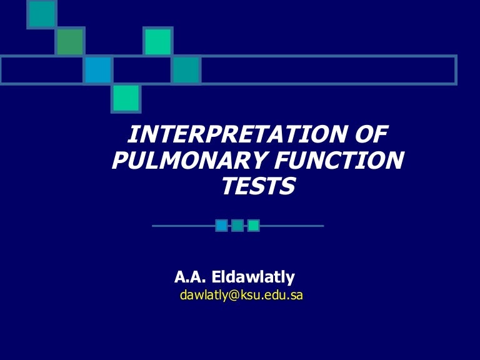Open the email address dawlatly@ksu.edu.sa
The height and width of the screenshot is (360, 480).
[241, 296]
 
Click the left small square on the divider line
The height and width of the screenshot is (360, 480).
[221, 226]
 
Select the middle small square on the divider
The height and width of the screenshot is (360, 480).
[237, 226]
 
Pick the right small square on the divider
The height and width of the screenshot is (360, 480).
[254, 226]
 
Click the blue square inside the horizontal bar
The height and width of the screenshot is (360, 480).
[97, 70]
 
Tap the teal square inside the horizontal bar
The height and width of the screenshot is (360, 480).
[186, 70]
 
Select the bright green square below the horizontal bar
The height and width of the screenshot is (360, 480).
[127, 98]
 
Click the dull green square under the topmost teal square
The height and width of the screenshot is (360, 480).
[70, 41]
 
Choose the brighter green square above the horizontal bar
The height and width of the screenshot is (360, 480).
[157, 41]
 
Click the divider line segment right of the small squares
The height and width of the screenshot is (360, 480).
[292, 226]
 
